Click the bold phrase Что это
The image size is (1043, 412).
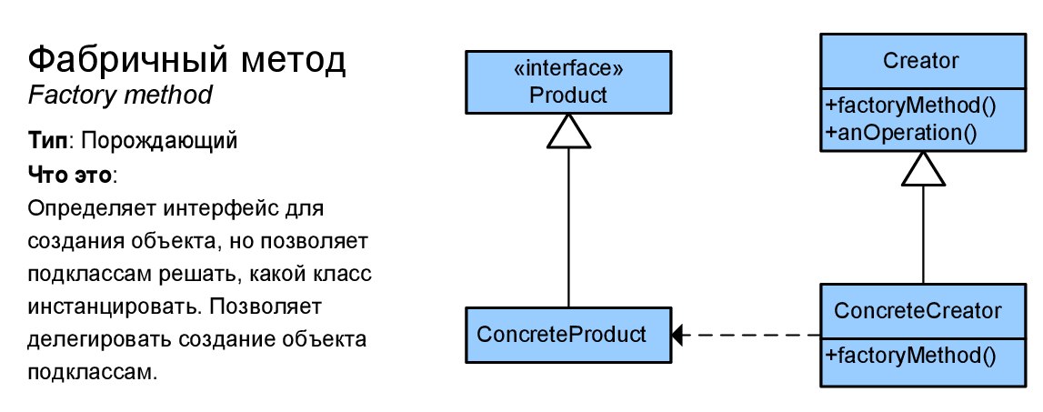(x=71, y=175)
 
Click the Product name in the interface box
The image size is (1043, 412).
(x=568, y=95)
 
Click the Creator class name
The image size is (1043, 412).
(x=921, y=61)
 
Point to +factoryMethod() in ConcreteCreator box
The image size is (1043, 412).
(x=911, y=356)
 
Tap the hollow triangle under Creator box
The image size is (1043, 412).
(x=924, y=170)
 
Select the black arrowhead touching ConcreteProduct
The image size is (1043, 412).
(x=677, y=335)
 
